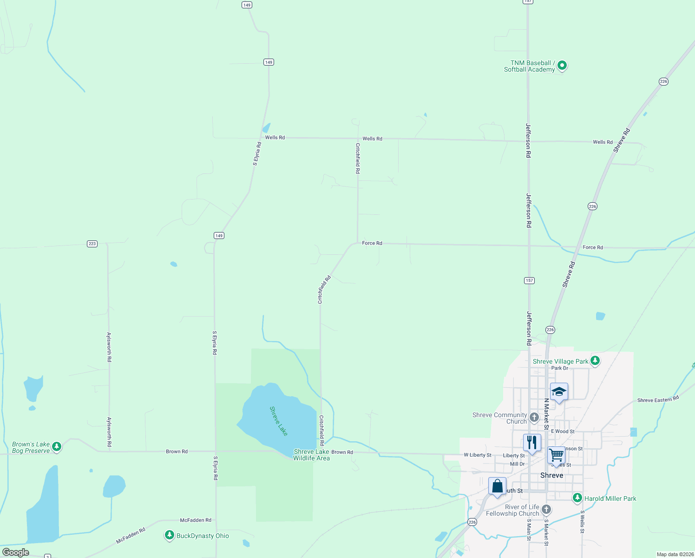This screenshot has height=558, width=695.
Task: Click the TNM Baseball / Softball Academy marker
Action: [x=562, y=66]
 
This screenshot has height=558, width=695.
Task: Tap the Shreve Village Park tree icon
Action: [x=595, y=361]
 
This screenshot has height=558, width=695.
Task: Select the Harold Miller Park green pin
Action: [x=577, y=498]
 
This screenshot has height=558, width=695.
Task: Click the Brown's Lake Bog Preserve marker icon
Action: [x=57, y=447]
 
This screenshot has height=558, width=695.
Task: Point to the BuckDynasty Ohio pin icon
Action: [x=170, y=535]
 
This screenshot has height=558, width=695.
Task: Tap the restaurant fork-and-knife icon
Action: [x=532, y=442]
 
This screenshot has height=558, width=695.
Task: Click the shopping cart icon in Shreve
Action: [x=556, y=455]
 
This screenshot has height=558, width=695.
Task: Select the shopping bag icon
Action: [x=497, y=486]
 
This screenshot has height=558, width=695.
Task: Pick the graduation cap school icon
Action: [x=559, y=392]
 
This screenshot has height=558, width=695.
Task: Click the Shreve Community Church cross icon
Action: [x=534, y=417]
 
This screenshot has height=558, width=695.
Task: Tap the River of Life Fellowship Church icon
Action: [x=546, y=510]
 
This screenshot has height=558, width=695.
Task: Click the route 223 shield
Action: [x=92, y=244]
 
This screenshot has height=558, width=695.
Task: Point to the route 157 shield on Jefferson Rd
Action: [x=529, y=280]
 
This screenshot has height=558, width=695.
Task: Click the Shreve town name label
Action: [x=552, y=475]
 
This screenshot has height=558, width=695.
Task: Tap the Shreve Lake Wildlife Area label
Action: [x=311, y=455]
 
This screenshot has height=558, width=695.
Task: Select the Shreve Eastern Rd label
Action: [x=658, y=399]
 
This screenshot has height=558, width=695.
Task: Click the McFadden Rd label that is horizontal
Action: [x=196, y=520]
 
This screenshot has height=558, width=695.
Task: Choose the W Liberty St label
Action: [x=477, y=455]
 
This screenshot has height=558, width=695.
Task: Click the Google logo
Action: [x=16, y=552]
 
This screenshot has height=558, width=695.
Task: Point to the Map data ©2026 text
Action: [x=675, y=554]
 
